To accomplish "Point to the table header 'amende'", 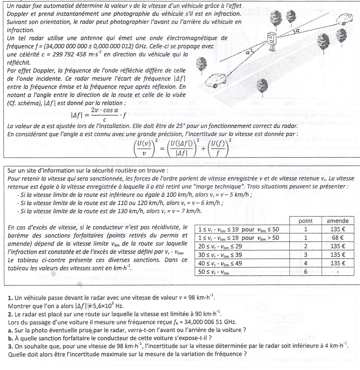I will coord(337,221).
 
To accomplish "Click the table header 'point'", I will coord(305,221).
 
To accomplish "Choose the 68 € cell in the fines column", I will coord(337,238).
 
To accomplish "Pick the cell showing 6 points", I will coord(305,271).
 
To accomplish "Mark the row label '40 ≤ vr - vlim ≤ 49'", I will coord(221,263).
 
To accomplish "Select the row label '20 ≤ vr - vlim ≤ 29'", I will coord(221,246).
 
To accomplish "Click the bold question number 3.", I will coord(10,347).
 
